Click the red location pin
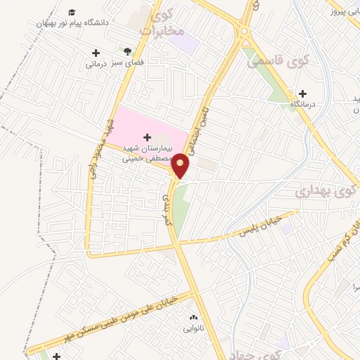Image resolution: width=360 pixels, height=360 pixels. [181, 165]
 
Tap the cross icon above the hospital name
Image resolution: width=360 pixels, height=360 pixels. [147, 136]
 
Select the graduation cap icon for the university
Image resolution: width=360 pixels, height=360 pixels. [72, 13]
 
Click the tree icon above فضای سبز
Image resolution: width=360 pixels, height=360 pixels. [127, 51]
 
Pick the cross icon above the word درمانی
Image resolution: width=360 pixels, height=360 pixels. [96, 53]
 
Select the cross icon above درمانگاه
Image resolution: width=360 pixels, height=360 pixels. [303, 94]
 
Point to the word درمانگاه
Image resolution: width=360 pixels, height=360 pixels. [303, 105]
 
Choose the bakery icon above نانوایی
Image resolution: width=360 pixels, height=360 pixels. [193, 319]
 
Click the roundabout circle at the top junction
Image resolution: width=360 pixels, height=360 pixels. [244, 31]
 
